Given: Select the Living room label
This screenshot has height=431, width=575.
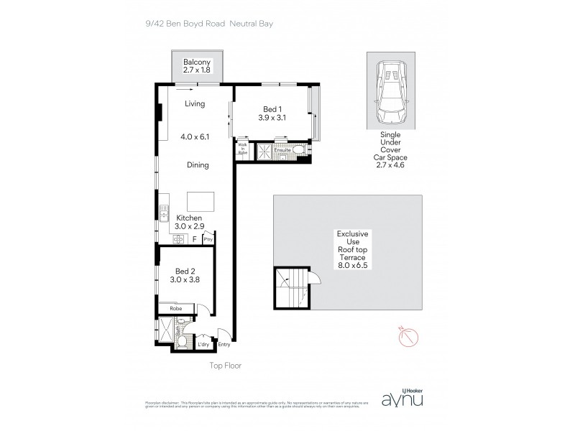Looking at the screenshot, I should click(194, 104).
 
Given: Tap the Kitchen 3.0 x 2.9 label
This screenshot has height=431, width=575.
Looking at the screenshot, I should click(190, 222).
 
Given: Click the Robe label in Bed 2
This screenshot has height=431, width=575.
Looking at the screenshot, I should click(175, 308).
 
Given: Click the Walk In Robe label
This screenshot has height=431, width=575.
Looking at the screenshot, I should click(241, 149).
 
